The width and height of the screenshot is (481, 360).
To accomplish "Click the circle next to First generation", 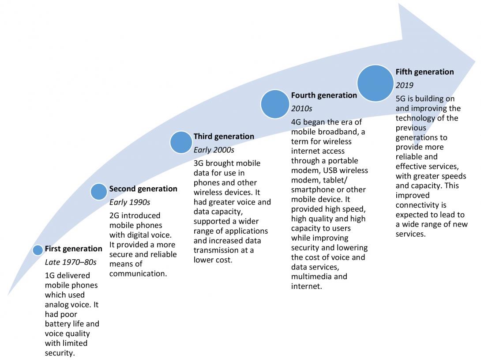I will pos(38,250).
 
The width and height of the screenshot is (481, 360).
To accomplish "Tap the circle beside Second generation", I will pos(99,191).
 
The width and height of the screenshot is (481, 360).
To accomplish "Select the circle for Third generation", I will pos(181,142).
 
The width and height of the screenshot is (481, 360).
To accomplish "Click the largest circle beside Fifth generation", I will pos(375,83).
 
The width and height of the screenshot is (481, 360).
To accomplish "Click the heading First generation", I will pos(73,249).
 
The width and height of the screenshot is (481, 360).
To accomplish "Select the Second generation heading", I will pos(143,189).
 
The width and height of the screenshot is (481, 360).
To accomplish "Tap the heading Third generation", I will pos(224,136).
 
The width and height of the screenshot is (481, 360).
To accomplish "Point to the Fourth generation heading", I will pos(324,95).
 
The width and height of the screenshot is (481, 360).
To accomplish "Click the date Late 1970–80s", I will pos(71,262).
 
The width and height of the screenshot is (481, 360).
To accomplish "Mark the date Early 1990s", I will pos(130,202).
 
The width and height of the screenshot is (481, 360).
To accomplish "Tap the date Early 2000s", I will pos(214,150).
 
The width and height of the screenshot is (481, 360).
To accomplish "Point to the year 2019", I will pos(404,85).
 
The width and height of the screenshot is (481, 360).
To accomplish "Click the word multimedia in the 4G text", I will pos(309,277).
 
